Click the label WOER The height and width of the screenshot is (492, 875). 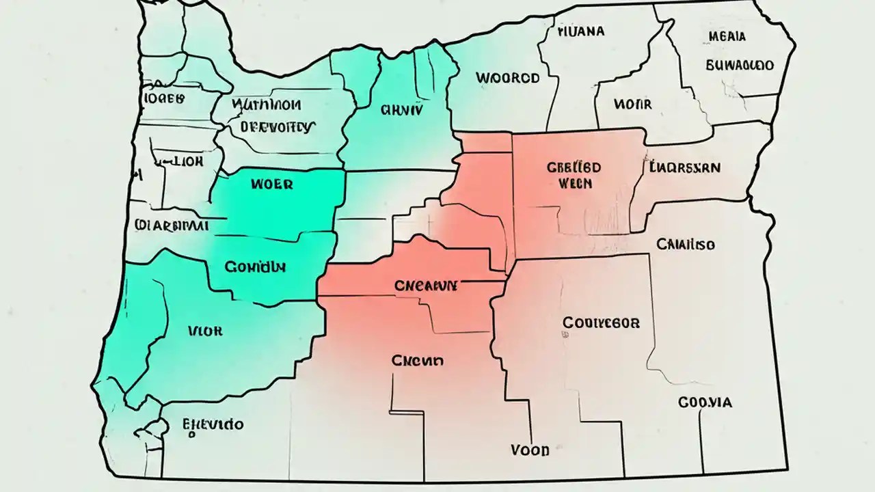click(271, 184)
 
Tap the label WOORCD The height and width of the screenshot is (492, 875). click(507, 78)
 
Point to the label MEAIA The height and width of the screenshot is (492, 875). click(727, 36)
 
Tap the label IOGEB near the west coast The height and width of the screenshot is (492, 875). click(164, 98)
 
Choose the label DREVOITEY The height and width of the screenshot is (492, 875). click(278, 126)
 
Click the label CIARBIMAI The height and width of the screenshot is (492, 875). click(172, 225)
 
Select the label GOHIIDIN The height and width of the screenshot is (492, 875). click(256, 266)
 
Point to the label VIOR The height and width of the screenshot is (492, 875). click(204, 331)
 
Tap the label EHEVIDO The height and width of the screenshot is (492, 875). click(213, 425)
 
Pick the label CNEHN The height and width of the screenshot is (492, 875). click(417, 360)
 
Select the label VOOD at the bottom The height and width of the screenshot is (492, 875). click(530, 450)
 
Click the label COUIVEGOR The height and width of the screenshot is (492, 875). click(601, 323)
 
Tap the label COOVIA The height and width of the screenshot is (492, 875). click(705, 402)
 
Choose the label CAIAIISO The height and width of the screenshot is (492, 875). click(686, 244)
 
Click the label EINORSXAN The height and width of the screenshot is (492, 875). click(685, 167)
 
